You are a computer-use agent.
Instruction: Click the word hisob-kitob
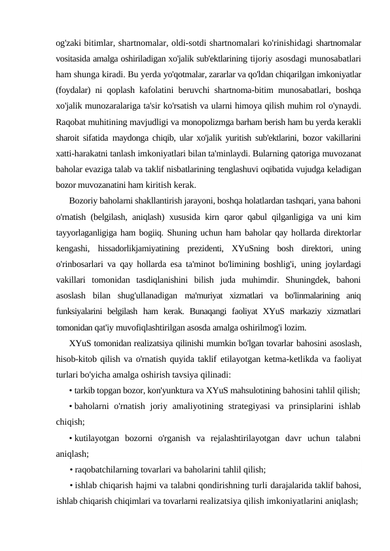coord(79,359)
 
